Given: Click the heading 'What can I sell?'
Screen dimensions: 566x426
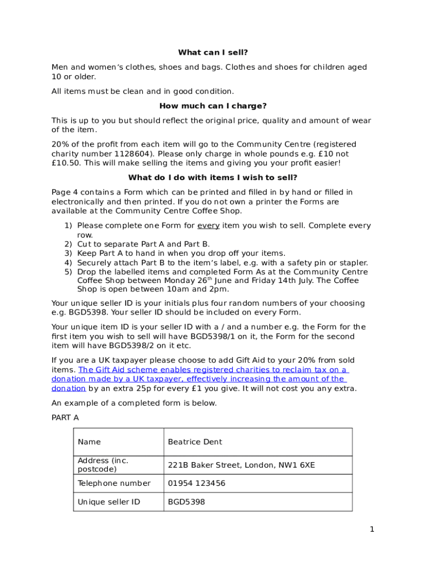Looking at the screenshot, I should point(213,53).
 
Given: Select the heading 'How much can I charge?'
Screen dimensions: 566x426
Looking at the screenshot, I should point(213,106).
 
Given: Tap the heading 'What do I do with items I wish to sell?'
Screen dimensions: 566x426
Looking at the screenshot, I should point(213,177).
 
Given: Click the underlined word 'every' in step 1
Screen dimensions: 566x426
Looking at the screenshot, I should point(209,226).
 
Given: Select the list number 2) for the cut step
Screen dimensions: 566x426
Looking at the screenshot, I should point(68,244).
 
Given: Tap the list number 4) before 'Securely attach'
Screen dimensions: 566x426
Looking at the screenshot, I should point(68,263).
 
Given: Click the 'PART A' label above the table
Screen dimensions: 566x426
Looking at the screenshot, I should point(65,417).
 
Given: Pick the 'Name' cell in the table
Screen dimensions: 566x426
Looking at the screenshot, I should point(90,442).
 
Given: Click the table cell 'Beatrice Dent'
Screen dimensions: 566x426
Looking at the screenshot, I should point(195,442).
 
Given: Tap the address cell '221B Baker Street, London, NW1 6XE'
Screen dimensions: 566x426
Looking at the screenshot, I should point(241,465).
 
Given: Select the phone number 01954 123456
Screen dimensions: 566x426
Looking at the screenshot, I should point(196,483).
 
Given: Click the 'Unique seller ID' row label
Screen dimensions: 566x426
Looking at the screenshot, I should point(109,502).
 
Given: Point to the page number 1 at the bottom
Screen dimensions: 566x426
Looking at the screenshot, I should point(372,530).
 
